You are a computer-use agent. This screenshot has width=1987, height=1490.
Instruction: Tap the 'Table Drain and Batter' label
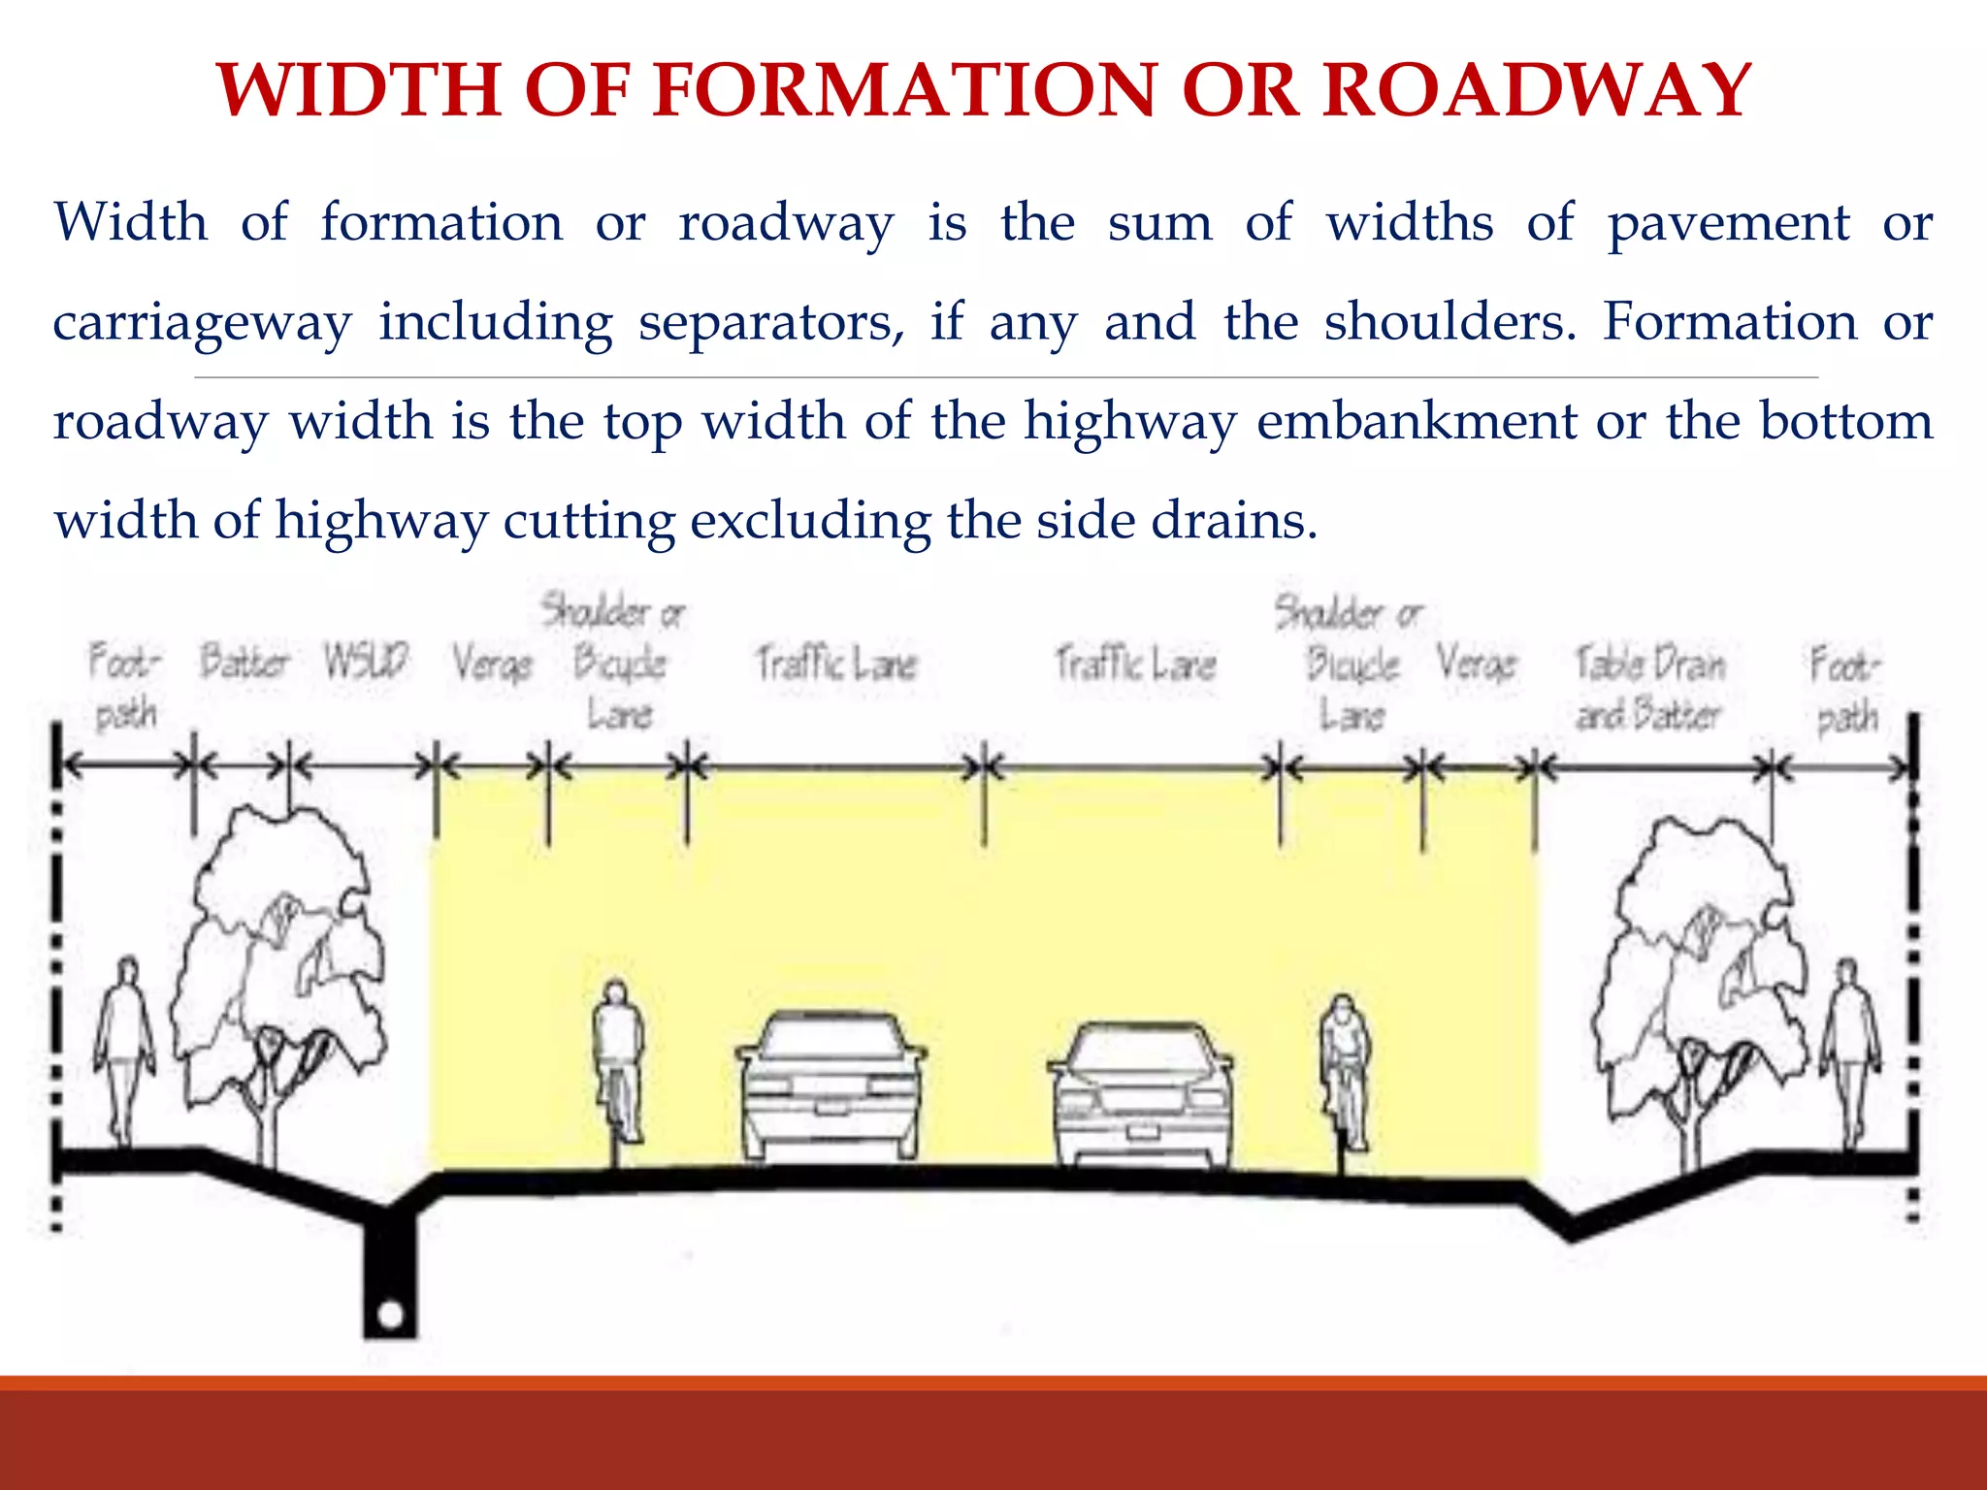pyautogui.click(x=1649, y=689)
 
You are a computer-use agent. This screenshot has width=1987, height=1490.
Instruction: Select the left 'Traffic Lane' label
pyautogui.click(x=835, y=664)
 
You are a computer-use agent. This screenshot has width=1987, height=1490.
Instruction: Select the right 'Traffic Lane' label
pyautogui.click(x=1135, y=664)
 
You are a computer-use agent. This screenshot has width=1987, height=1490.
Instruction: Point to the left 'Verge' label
pyautogui.click(x=492, y=664)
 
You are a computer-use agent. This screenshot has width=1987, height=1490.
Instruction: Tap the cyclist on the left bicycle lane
pyautogui.click(x=618, y=1062)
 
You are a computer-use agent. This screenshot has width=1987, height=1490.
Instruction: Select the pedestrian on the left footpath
pyautogui.click(x=124, y=1048)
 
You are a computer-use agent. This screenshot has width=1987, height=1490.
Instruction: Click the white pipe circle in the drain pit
pyautogui.click(x=390, y=1315)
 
